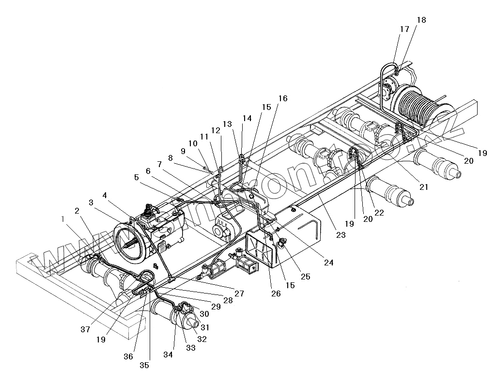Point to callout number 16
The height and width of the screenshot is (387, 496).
click(283, 99)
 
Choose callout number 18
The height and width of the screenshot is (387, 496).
click(421, 20)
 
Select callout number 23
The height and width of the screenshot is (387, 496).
click(341, 235)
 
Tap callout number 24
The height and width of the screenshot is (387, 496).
click(329, 263)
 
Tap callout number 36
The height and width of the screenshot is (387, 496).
click(128, 356)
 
